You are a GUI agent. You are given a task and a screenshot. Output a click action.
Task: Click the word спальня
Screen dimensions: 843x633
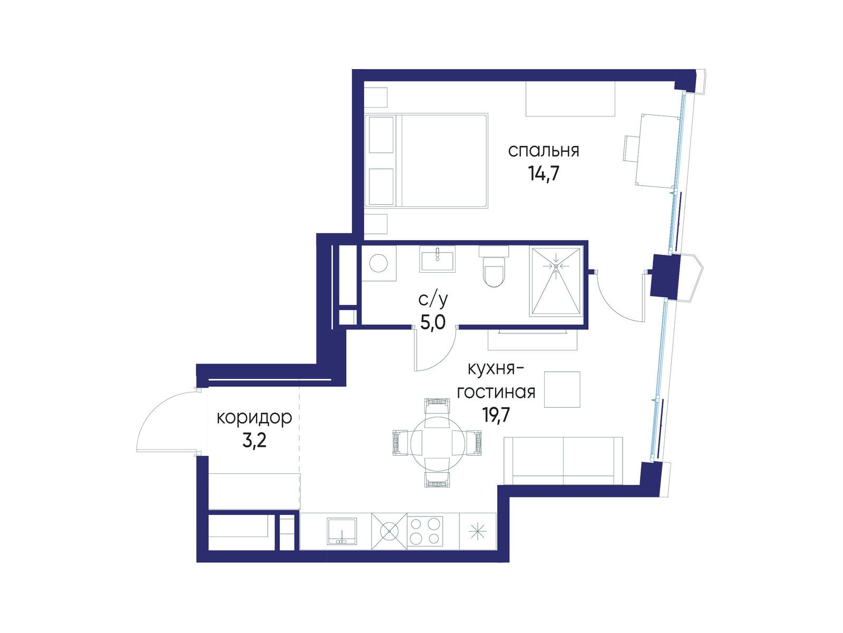coord(544,151)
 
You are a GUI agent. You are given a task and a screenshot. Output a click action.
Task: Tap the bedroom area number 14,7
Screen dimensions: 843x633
coord(544,174)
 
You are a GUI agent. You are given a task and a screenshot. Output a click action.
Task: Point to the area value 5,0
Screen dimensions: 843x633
coord(433,322)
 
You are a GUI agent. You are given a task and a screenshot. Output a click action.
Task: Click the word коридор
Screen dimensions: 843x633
coord(254,418)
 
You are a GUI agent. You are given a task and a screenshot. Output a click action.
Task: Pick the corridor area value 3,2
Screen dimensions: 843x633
coord(254,440)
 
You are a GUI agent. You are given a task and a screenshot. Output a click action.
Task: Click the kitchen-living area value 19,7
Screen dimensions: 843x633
coord(496,415)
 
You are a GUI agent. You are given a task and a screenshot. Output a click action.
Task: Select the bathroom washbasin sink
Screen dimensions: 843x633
coord(437,260)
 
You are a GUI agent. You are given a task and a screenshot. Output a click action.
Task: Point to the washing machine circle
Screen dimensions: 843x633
coord(379,263)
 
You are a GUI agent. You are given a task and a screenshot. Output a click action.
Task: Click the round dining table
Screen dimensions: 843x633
coord(438,444)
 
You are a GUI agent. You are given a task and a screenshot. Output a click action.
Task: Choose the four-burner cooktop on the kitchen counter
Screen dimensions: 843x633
coord(424,531)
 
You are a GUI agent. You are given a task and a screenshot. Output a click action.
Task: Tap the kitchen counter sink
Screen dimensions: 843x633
coord(342,531)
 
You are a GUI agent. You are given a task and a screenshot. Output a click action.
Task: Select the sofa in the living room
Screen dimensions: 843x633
coord(563,461)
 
